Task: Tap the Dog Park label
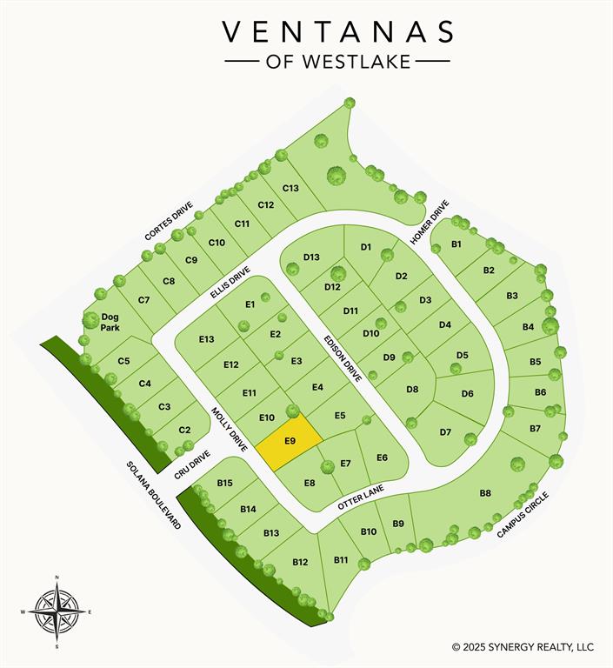tap(110, 323)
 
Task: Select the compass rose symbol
tap(57, 611)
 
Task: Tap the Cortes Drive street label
tap(168, 222)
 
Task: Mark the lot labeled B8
tap(485, 493)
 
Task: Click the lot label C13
tap(290, 188)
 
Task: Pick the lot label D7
tap(445, 432)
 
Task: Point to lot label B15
tap(225, 483)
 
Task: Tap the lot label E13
tap(206, 339)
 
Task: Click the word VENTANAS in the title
tap(338, 32)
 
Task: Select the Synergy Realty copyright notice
tap(523, 647)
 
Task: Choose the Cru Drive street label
tap(194, 464)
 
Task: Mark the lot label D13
tap(311, 257)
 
